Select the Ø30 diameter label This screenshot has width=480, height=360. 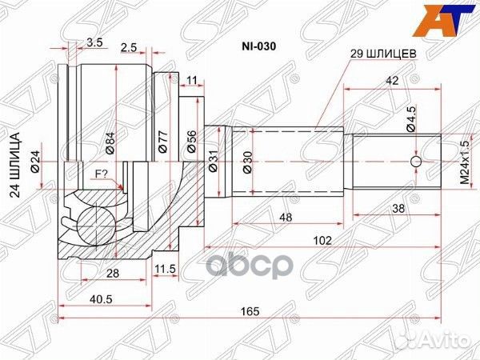(246, 162)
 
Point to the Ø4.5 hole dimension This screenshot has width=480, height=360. (410, 121)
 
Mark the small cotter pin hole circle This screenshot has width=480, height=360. (415, 163)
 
